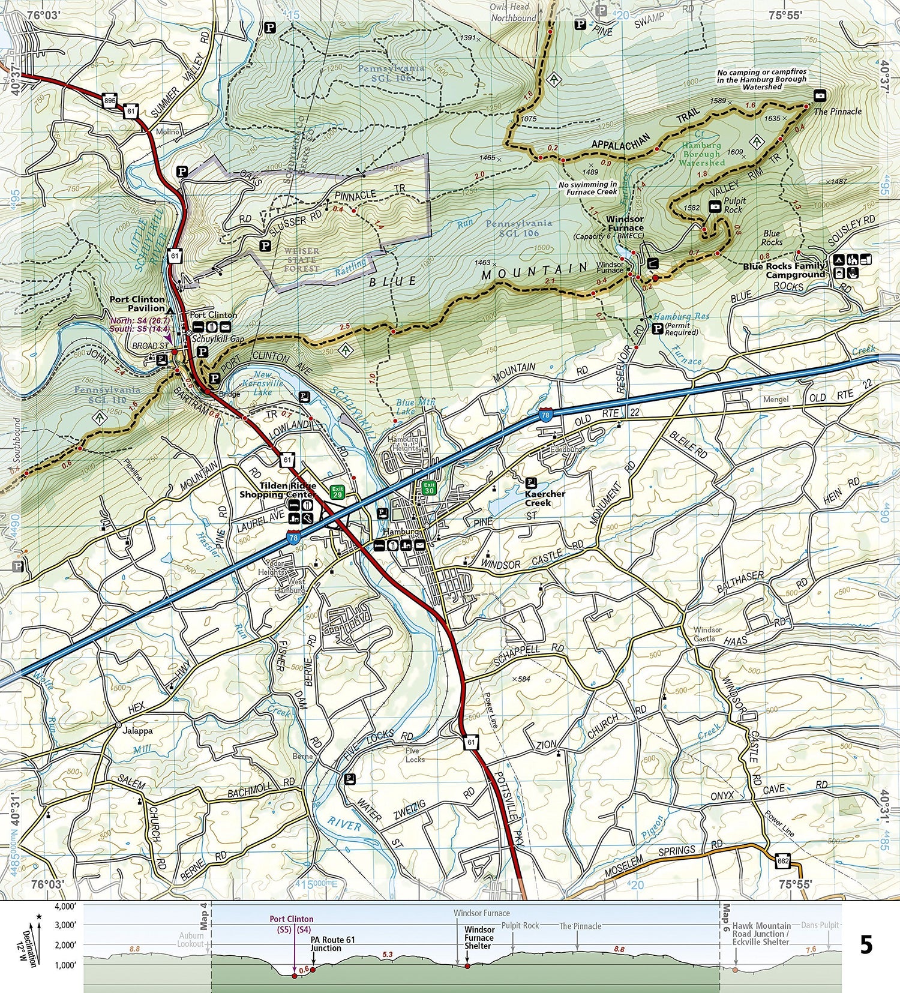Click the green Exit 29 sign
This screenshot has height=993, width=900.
pos(337,492)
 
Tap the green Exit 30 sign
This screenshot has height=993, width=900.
pos(428,487)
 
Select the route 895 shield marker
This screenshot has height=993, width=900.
pos(109,100)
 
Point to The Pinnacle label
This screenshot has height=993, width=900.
pos(837,112)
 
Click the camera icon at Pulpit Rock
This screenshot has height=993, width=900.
pos(715,207)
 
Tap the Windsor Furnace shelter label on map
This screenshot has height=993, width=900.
pos(625,224)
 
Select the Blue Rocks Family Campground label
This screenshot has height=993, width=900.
pos(784,270)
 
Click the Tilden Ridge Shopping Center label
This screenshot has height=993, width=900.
pos(277,490)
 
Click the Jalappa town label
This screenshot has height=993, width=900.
pos(137,731)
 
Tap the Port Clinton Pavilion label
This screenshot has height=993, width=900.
pos(137,304)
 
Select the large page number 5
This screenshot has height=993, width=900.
pos(866,945)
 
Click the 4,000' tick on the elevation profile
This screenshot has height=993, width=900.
pos(65,906)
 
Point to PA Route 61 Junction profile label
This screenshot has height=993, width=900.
pos(332,944)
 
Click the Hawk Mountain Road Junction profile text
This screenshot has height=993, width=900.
pos(761,934)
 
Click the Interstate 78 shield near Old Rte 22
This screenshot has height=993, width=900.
pos(545,415)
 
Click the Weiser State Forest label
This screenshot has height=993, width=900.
pos(301,260)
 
